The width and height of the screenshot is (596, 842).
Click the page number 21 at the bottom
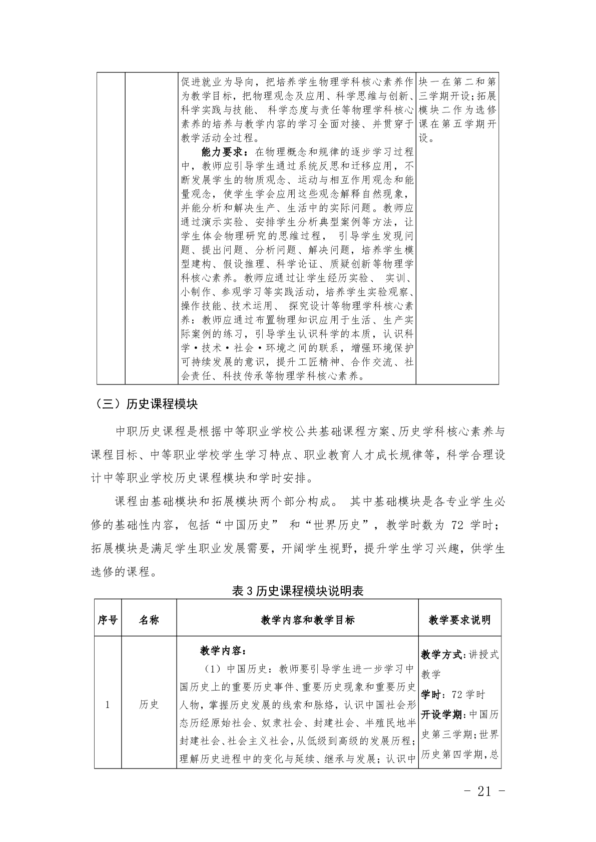click(x=484, y=791)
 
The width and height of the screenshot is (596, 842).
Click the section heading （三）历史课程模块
click(x=144, y=404)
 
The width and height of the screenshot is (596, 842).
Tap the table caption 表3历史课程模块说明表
click(x=298, y=590)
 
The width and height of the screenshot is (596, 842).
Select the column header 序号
click(x=108, y=620)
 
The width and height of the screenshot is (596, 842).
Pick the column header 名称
click(x=149, y=620)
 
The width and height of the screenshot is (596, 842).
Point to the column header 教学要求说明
click(x=459, y=620)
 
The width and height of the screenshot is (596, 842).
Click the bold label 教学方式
click(x=443, y=654)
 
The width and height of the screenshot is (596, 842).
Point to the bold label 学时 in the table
click(x=431, y=694)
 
